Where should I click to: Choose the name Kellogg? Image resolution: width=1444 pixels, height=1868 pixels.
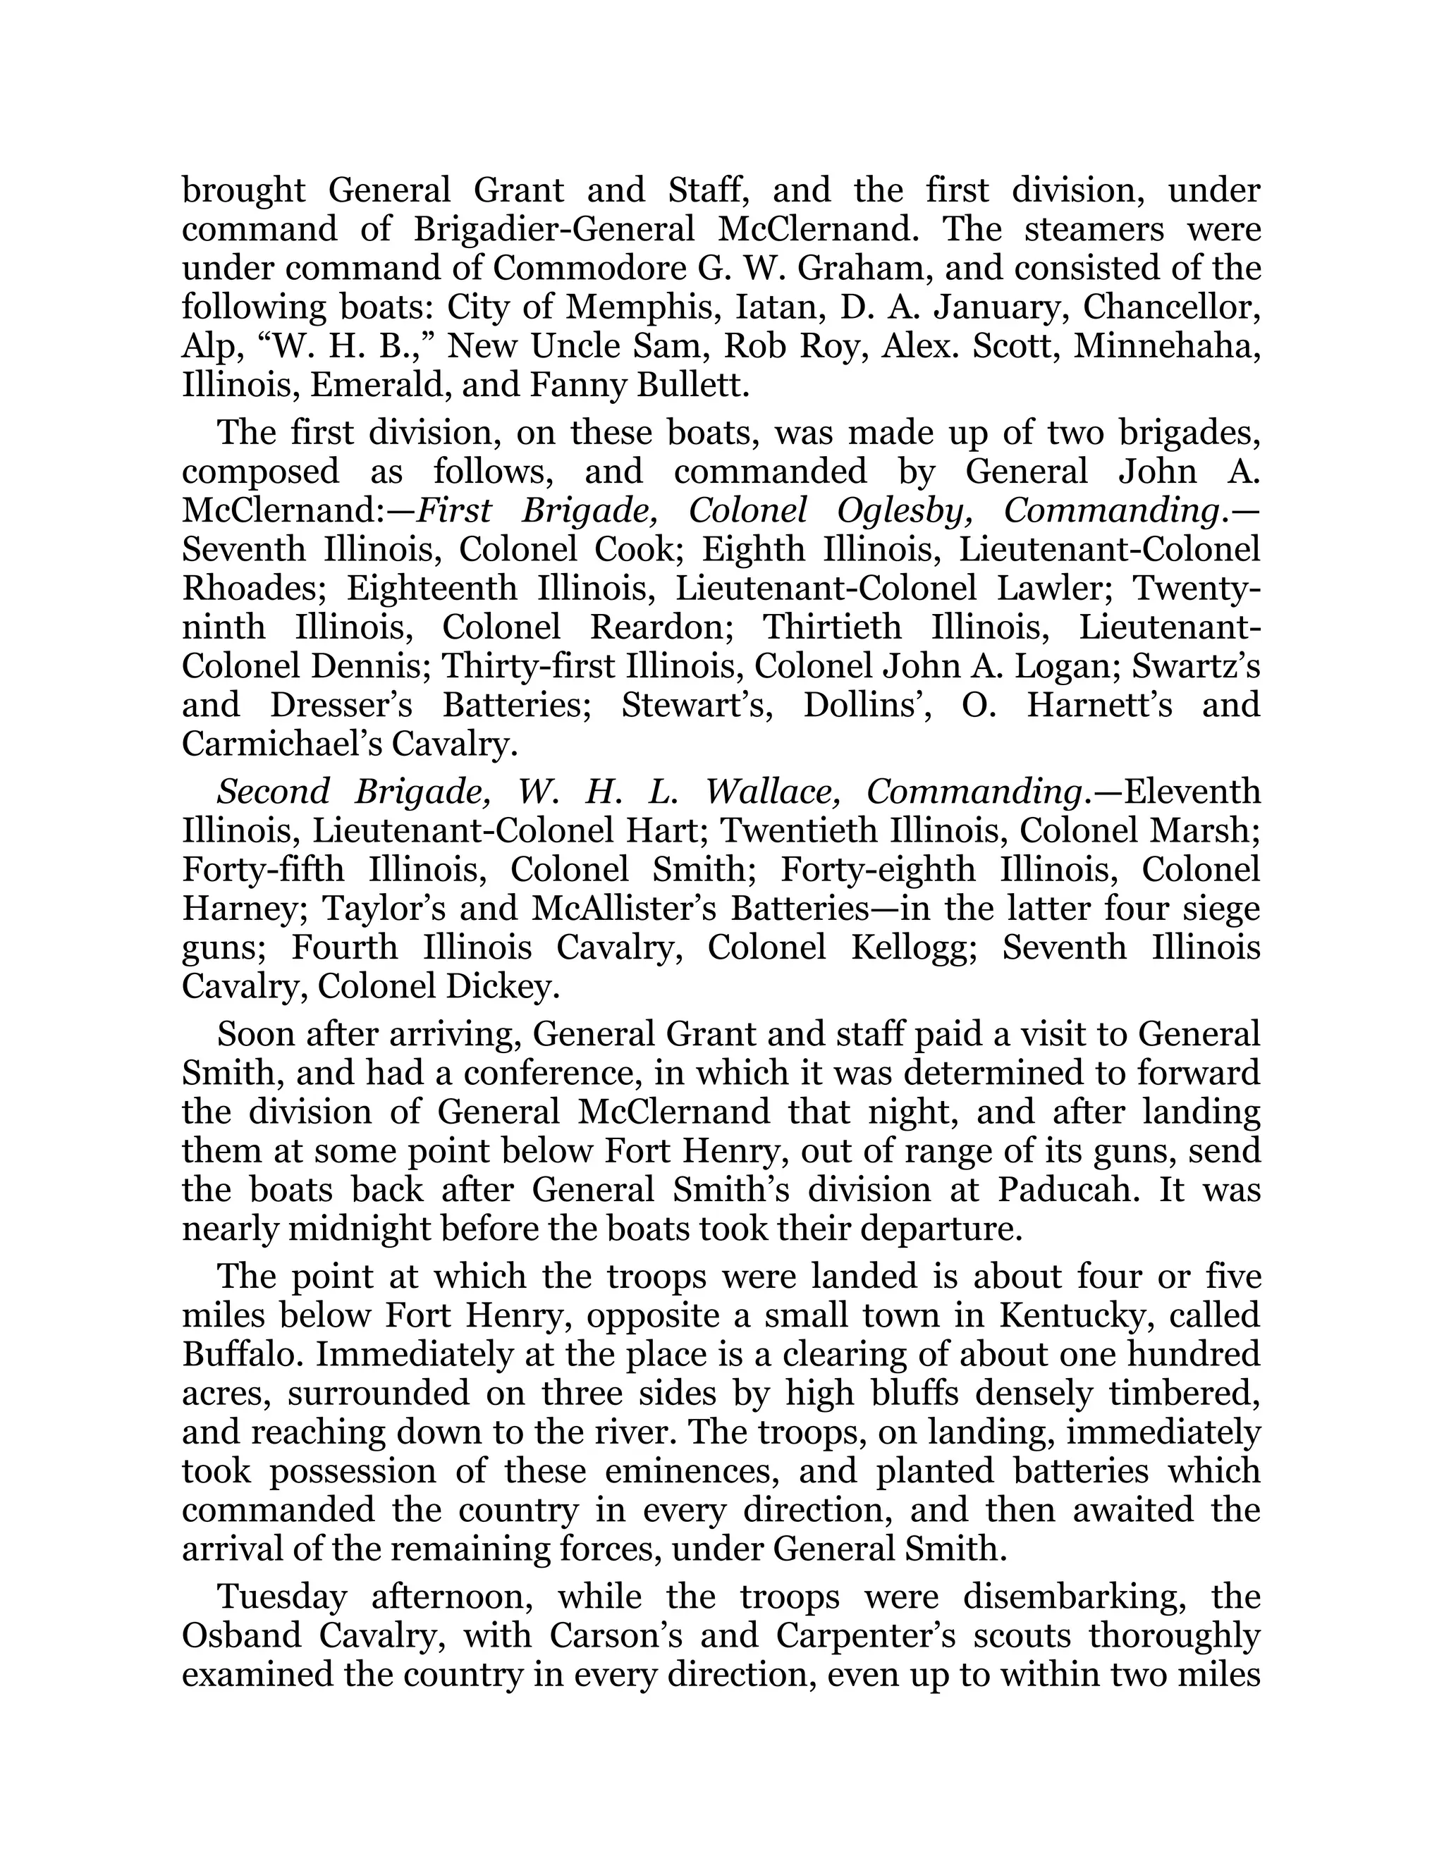914,947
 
